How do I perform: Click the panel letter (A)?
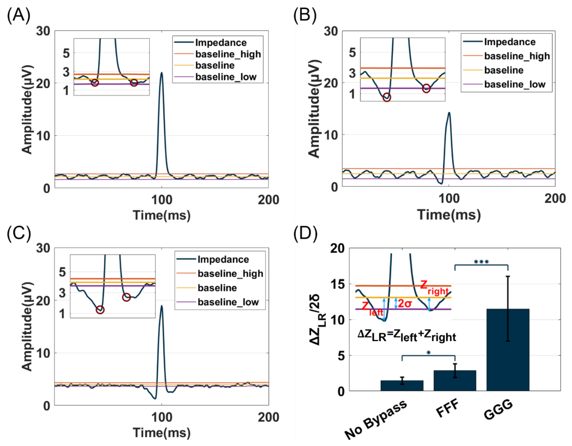pos(18,16)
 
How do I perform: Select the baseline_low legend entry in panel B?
pos(515,84)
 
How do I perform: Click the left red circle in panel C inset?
pos(100,310)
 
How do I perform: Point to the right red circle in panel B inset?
pos(426,88)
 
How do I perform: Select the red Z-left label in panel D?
pos(372,308)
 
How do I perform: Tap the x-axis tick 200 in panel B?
pos(555,199)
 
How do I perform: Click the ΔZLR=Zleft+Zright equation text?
pos(407,336)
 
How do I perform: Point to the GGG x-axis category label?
pos(498,410)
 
